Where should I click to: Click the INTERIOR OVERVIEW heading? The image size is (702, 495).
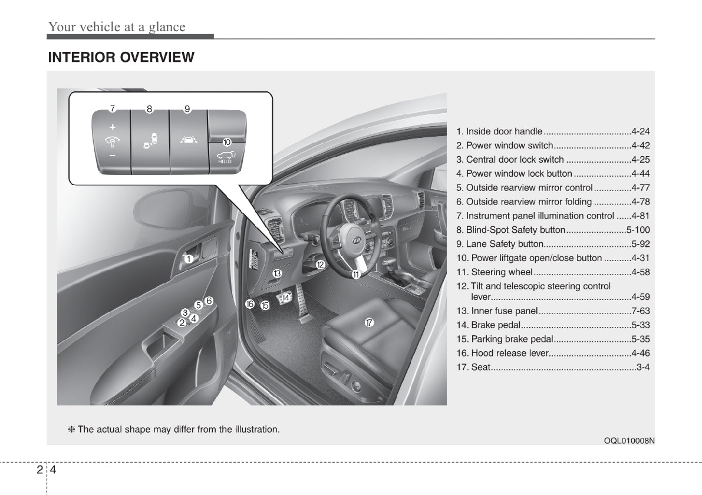click(x=121, y=57)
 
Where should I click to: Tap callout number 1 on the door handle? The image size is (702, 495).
click(x=188, y=259)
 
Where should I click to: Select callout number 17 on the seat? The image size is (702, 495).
click(x=368, y=322)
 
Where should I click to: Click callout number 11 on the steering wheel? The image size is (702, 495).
click(x=356, y=275)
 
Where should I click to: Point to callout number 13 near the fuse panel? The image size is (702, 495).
click(x=276, y=273)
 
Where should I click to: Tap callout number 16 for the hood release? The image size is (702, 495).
click(x=250, y=304)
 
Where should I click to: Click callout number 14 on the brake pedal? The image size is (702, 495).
click(x=286, y=298)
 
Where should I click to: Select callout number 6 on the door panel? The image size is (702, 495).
click(x=208, y=300)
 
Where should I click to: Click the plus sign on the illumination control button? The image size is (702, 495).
click(x=112, y=127)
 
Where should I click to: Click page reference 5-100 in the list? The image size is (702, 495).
click(x=638, y=230)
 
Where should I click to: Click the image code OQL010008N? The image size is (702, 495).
click(x=630, y=440)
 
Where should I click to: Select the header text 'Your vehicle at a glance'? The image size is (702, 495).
click(x=117, y=27)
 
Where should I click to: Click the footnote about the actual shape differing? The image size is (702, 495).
click(x=174, y=429)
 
